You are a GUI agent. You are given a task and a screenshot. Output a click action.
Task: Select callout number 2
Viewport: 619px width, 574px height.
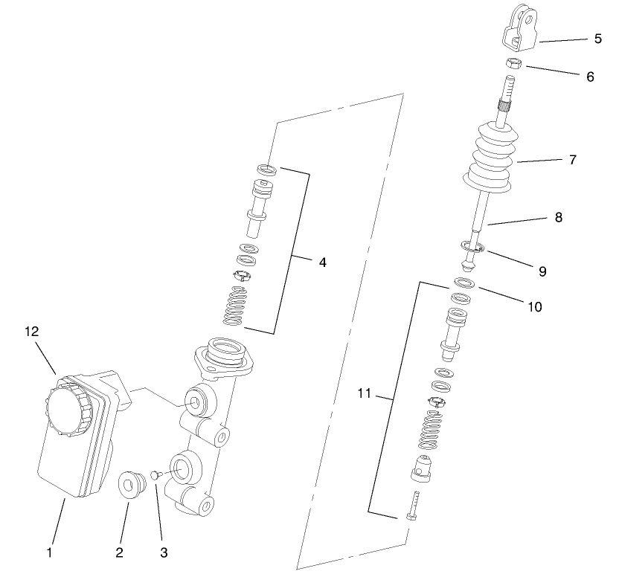click(119, 553)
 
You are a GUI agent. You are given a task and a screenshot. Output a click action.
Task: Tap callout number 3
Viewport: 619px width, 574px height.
click(164, 553)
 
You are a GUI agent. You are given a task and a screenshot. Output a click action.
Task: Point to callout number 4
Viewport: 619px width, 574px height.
click(321, 262)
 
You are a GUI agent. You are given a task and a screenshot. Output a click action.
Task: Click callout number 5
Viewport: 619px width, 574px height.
click(597, 39)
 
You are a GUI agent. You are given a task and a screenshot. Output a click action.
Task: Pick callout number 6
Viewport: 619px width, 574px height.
click(590, 77)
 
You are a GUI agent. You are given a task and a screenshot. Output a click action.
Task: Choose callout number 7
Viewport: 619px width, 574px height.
click(572, 160)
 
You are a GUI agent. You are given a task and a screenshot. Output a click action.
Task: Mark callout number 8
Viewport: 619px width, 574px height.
click(558, 218)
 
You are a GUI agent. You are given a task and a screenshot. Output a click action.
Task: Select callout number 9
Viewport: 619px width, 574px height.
click(542, 271)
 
